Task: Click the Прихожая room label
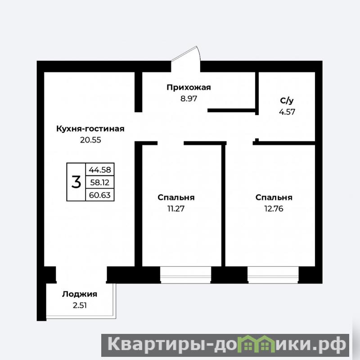pos(189,88)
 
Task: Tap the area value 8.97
pos(189,99)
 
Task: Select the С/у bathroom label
pos(287,100)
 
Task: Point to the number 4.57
pos(287,112)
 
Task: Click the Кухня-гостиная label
pos(90,129)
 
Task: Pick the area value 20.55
pos(90,140)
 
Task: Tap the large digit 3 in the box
pos(76,182)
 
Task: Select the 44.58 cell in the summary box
pos(100,170)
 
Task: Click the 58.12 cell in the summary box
pos(100,182)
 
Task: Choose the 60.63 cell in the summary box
pos(100,195)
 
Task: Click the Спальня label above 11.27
pos(176,198)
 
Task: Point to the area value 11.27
pos(176,209)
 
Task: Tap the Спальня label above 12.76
pos(274,198)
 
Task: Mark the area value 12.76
pos(274,209)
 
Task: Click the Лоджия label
pos(80,294)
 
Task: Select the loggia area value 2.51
pos(80,306)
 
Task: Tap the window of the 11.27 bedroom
pos(185,275)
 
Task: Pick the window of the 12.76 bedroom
pos(273,275)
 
